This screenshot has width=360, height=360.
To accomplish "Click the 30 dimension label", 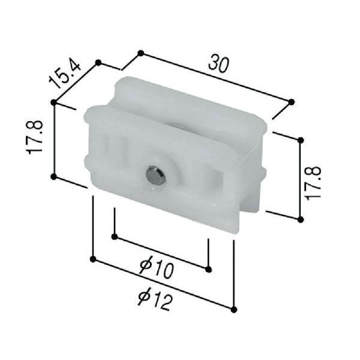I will coord(219,64).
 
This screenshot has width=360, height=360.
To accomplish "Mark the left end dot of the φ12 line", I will coord(92,259).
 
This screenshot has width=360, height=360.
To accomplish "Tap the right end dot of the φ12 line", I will coord(233,309).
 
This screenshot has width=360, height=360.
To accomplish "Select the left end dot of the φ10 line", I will coord(114,236).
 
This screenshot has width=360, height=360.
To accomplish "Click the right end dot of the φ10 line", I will coord(208,269).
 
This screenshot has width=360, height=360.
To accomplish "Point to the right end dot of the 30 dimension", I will coord(291,101).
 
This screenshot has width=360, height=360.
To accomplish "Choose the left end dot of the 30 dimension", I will coord(140,53).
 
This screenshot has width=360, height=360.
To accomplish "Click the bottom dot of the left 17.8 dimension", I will coord(54,176).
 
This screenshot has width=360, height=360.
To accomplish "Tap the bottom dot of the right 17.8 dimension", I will coord(301,219).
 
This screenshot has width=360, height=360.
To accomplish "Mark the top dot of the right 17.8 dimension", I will coord(301,140).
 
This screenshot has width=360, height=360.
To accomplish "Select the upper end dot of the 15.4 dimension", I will coord(99,62).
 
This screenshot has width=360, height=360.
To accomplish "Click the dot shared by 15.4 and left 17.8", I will coord(54,103).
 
